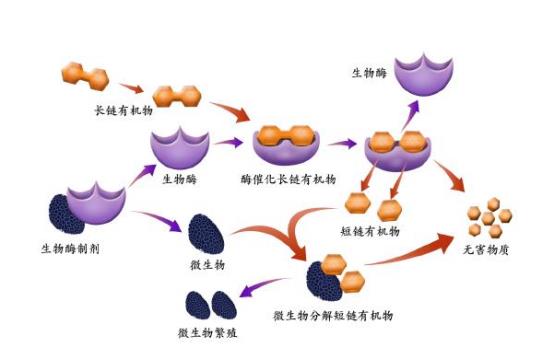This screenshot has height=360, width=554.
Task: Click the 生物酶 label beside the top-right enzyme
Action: (x=371, y=73)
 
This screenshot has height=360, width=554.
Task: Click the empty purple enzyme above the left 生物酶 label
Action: (x=179, y=151)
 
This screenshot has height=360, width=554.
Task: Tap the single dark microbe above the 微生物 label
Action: (x=208, y=231)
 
